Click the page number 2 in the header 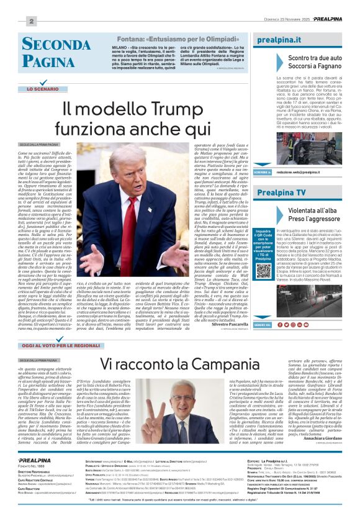pos(30,22)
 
